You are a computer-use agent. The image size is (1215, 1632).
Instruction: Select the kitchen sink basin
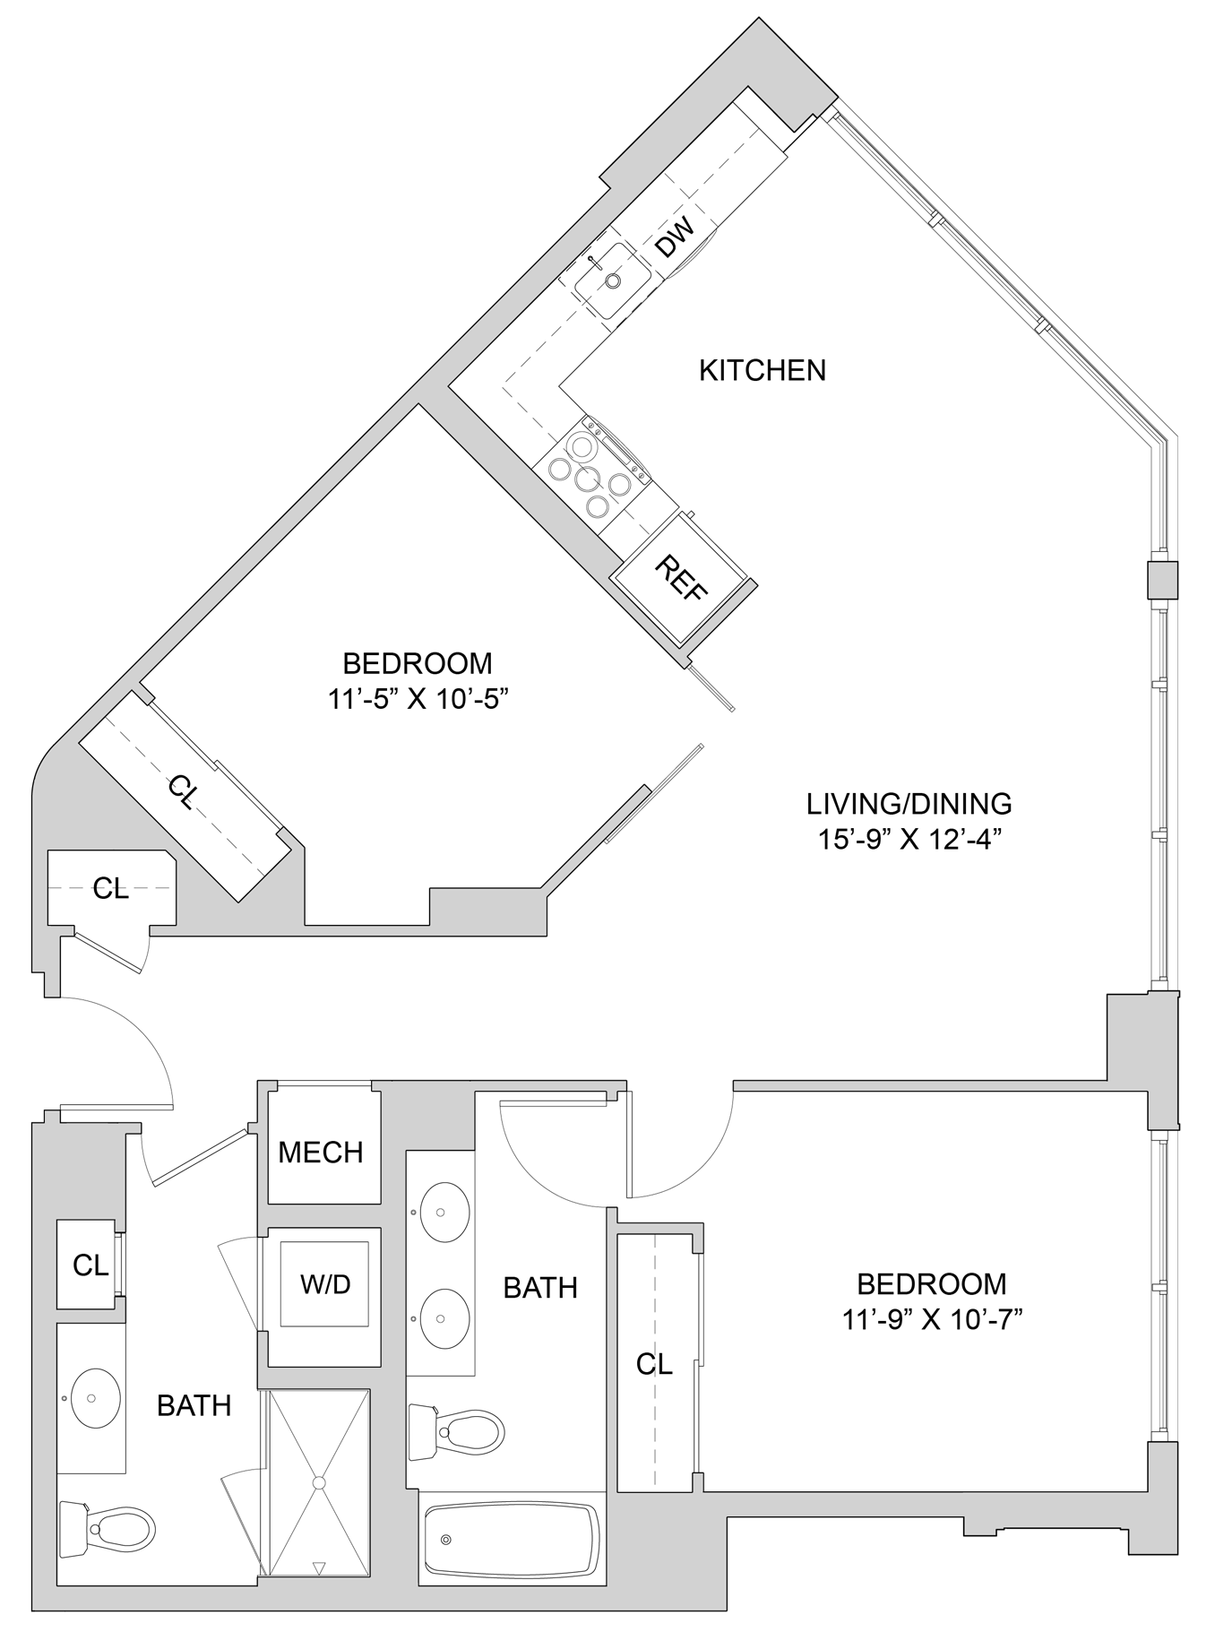point(612,281)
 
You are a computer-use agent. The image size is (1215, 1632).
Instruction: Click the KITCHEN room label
point(762,370)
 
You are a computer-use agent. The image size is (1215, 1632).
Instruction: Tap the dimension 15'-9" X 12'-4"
point(909,840)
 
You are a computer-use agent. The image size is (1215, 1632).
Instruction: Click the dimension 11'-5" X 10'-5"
point(418,699)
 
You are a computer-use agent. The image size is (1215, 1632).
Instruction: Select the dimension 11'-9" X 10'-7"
point(932,1319)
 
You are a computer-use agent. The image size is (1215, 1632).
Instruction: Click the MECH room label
point(321,1152)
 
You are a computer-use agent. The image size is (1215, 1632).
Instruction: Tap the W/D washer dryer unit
point(324,1284)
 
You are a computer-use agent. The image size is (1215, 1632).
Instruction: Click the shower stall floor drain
point(318,1483)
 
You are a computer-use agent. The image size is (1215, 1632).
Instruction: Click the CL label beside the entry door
point(111,888)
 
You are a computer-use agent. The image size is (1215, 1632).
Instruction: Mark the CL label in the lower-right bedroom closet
point(654,1364)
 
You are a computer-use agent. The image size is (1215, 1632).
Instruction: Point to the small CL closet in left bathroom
point(90,1265)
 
